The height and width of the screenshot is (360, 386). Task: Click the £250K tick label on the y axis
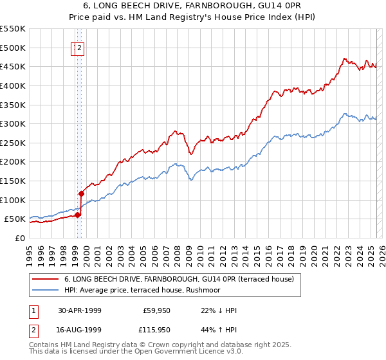point(12,143)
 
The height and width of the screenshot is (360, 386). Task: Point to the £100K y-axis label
point(12,200)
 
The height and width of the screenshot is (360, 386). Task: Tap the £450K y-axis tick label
point(12,66)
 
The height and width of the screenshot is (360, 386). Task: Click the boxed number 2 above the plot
point(79,47)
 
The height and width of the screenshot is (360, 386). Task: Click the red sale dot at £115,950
point(82,194)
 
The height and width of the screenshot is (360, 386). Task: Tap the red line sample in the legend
point(46,279)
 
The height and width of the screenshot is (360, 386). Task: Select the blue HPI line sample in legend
point(46,290)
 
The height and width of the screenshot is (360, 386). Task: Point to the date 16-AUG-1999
point(80,330)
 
